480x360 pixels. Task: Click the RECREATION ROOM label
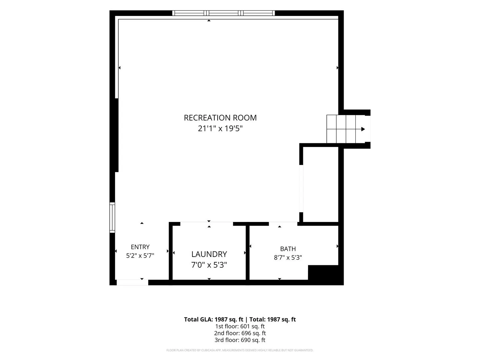coord(220,118)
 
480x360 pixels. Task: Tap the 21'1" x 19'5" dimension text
coord(220,128)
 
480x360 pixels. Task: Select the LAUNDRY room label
coord(209,254)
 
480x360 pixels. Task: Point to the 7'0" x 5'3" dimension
coord(209,265)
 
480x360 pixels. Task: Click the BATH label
coord(288,249)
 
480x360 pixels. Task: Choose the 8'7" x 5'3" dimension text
coord(288,257)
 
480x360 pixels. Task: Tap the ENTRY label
coord(140,247)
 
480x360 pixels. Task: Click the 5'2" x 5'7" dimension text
coord(140,256)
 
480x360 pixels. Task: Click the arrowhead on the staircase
coord(363,129)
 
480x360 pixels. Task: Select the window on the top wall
coord(223,13)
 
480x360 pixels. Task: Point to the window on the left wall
coord(112,217)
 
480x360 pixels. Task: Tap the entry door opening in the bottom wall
coord(132,282)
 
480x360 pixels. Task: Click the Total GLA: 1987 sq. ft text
coord(213,320)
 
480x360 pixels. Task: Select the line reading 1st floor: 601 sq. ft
coord(240,326)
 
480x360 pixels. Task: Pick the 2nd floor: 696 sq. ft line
coord(240,333)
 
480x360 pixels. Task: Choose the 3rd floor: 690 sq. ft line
coord(240,340)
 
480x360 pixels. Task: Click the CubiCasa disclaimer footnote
coord(240,350)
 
